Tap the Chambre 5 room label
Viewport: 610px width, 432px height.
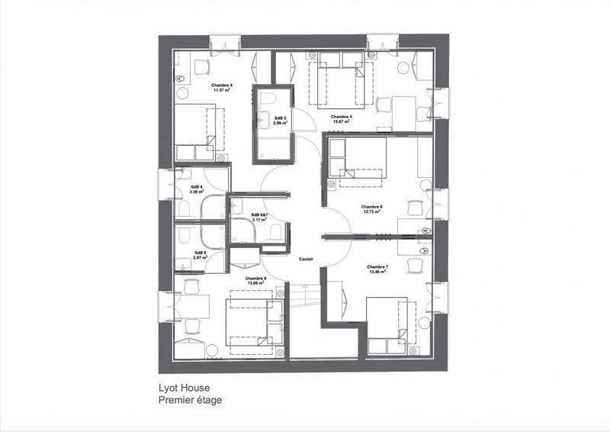(x=341, y=117)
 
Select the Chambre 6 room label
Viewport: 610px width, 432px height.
(x=371, y=206)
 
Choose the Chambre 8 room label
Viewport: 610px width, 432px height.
(x=255, y=279)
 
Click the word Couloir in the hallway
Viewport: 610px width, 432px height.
(x=307, y=260)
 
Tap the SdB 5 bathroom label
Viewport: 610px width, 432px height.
(x=280, y=117)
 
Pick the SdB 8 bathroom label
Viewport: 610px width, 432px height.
(x=200, y=252)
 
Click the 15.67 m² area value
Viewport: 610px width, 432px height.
(x=341, y=122)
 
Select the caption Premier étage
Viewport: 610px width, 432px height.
(x=191, y=399)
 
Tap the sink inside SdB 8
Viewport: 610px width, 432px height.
(x=183, y=263)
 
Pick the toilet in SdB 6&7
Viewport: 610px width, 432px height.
(x=276, y=230)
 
